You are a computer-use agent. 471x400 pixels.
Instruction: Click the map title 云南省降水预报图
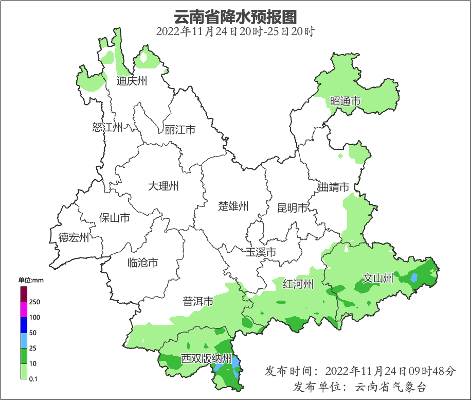click(x=235, y=16)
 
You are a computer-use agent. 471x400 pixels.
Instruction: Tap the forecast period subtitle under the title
click(x=235, y=31)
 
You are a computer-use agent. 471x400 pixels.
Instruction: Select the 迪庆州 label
click(x=132, y=81)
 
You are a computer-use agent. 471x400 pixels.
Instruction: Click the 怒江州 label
click(x=107, y=127)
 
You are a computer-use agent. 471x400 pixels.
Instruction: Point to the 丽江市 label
click(x=180, y=130)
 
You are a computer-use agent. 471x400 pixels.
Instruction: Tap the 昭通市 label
click(x=345, y=101)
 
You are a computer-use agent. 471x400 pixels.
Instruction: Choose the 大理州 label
click(x=163, y=186)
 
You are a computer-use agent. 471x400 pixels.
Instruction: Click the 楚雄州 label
click(x=233, y=206)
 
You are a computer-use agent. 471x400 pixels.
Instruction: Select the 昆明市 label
click(x=292, y=208)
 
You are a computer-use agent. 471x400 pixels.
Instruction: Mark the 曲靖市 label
click(x=334, y=187)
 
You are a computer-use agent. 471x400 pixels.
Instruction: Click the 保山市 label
click(x=114, y=218)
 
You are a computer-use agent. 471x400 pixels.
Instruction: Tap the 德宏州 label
click(x=74, y=237)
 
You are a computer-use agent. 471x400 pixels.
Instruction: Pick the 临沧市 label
click(x=142, y=263)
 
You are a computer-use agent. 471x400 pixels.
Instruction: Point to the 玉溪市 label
click(x=261, y=252)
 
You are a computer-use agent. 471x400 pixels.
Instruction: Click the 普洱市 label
click(x=198, y=301)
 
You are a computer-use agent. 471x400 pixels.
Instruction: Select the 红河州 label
click(x=298, y=284)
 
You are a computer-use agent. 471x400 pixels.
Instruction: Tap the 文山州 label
click(x=378, y=279)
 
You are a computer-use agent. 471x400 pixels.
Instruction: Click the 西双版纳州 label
click(x=206, y=359)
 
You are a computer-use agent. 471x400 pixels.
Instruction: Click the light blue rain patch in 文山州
click(x=414, y=278)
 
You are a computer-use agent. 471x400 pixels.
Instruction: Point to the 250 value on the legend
click(x=35, y=302)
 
